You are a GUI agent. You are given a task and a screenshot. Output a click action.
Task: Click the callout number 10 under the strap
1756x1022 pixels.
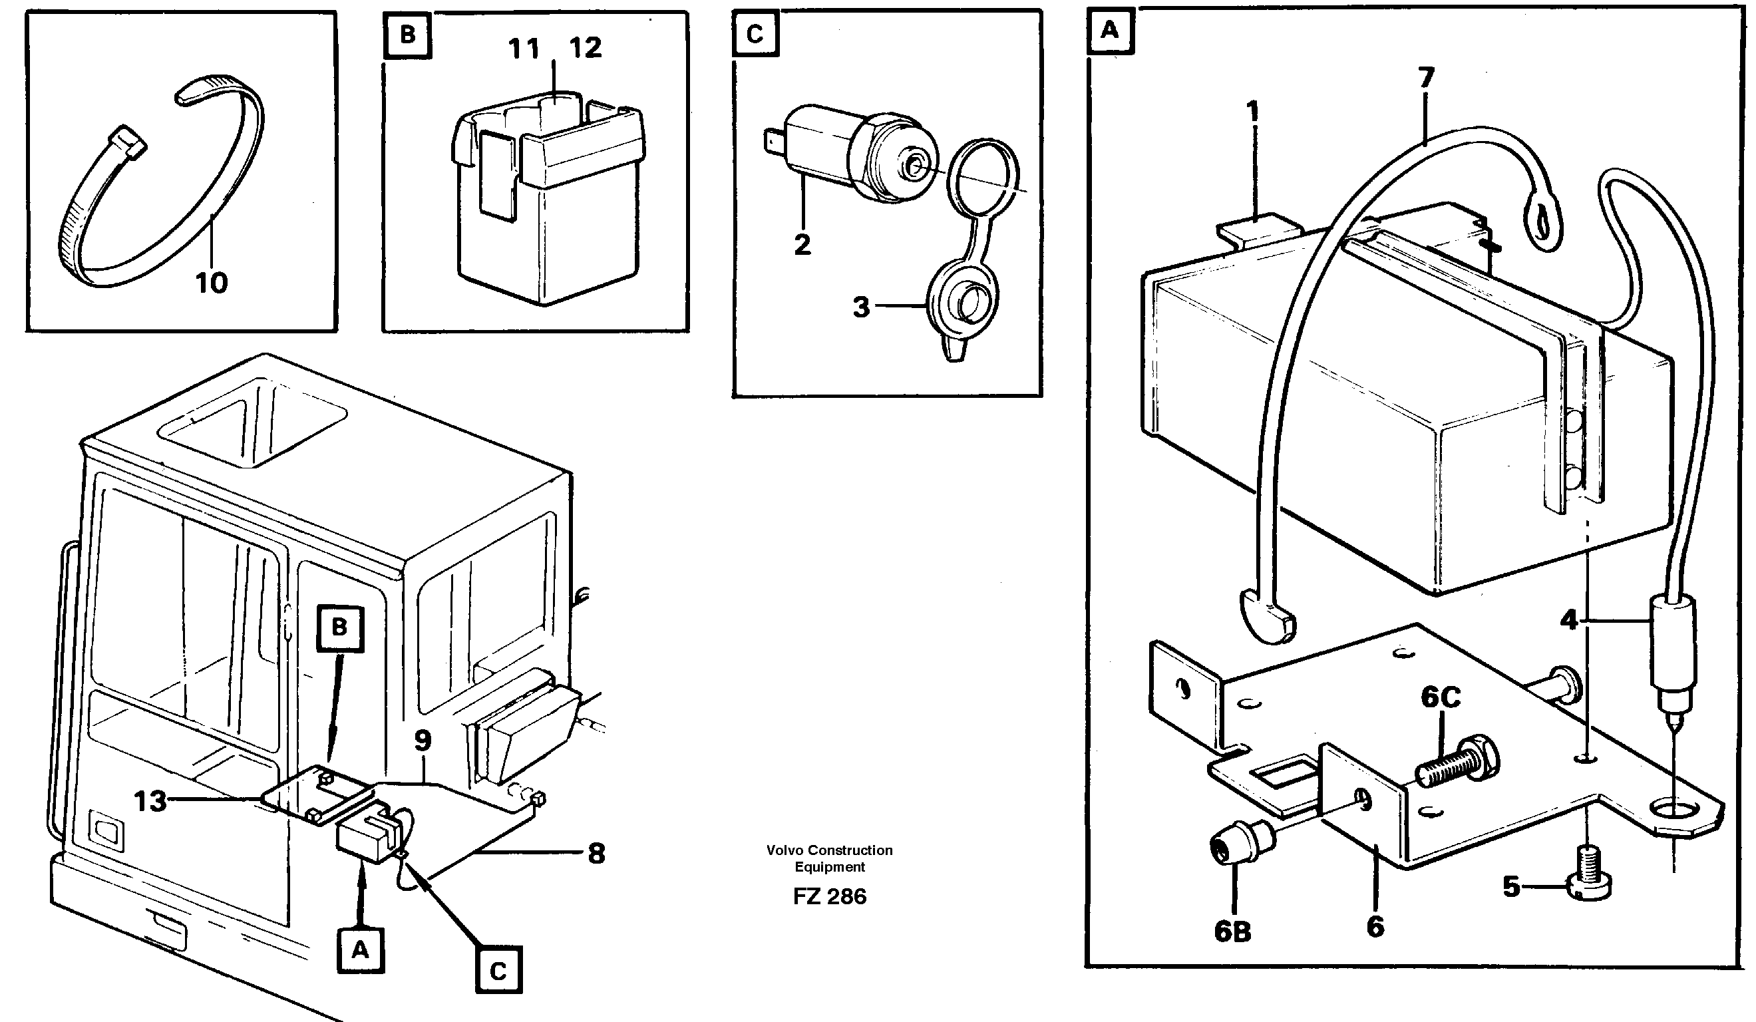click(x=211, y=283)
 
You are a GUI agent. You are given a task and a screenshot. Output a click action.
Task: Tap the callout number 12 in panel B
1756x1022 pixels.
click(x=586, y=48)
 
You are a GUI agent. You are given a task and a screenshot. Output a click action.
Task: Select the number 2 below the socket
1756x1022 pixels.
click(x=802, y=245)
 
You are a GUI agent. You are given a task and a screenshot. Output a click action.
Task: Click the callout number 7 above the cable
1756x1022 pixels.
click(x=1426, y=78)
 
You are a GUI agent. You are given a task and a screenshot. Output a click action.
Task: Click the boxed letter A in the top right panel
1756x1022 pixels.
click(x=1109, y=31)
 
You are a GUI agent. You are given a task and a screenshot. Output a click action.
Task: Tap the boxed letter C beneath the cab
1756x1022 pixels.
click(x=498, y=971)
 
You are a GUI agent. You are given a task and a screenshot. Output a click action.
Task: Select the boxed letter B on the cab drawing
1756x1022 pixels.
click(x=339, y=627)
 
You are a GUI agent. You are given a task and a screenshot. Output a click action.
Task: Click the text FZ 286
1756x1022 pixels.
click(x=829, y=896)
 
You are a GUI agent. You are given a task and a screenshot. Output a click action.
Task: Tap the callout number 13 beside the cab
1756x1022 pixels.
click(x=150, y=801)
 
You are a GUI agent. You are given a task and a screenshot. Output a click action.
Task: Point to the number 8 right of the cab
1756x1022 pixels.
click(x=596, y=854)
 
